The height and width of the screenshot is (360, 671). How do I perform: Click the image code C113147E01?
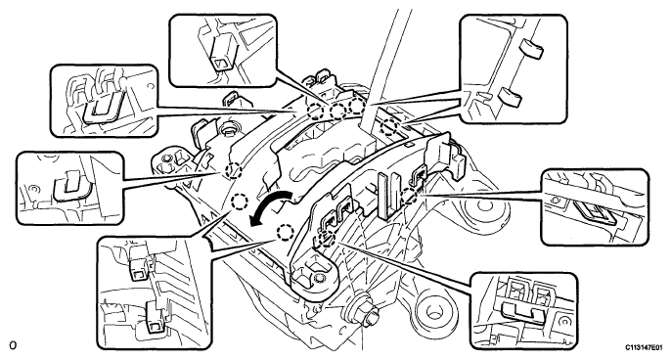644,347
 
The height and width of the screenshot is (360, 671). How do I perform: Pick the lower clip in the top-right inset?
511,97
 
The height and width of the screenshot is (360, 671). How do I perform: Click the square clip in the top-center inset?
223,53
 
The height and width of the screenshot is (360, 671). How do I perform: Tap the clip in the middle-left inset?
70,185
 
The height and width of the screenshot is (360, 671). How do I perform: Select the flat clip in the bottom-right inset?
520,311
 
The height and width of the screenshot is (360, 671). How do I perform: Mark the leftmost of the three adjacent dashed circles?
315,111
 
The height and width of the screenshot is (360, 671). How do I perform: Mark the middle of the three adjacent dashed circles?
337,111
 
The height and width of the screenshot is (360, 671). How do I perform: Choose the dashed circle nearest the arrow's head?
285,233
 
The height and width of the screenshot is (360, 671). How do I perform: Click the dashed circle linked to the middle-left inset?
234,171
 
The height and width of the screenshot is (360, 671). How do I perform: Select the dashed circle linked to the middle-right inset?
410,196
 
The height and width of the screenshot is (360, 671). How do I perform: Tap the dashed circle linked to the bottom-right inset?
329,238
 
